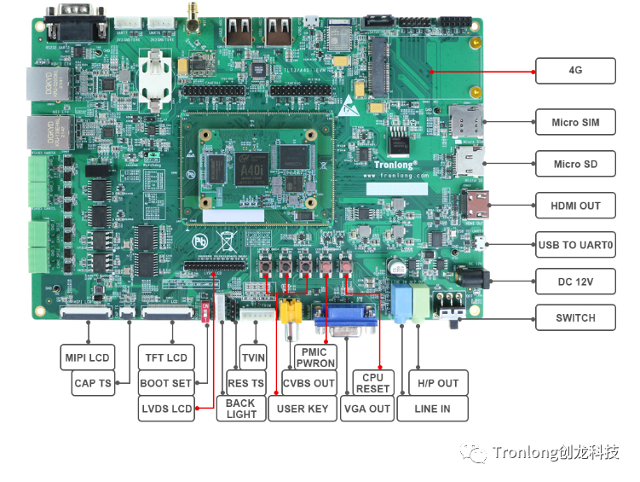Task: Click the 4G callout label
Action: tap(575, 71)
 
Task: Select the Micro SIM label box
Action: tap(575, 122)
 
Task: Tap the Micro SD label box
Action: tap(575, 164)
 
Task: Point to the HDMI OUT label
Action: tap(575, 206)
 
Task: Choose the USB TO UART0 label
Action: tap(575, 245)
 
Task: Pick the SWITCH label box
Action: tap(575, 317)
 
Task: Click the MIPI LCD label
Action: tap(87, 357)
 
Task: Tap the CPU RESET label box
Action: tap(372, 383)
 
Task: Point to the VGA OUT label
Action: tap(366, 409)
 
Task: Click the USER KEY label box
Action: tap(303, 409)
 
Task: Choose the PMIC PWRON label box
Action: tap(314, 357)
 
